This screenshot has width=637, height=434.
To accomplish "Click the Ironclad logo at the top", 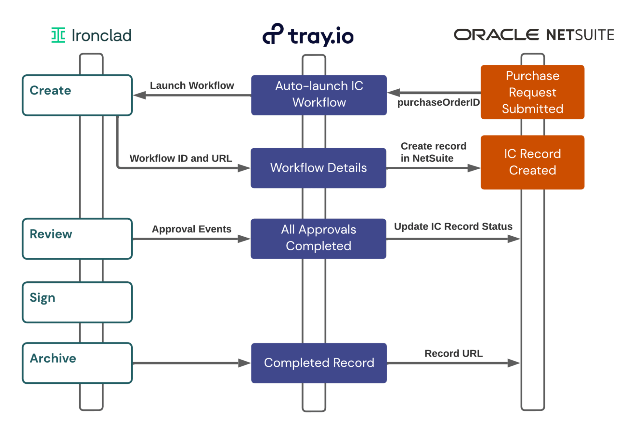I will click(x=91, y=35).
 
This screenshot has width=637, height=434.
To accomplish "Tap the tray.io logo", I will click(x=308, y=35).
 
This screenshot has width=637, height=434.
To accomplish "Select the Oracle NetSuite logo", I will click(x=534, y=35).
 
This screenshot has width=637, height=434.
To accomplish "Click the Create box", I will click(x=77, y=95).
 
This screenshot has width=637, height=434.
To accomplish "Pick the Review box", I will click(x=77, y=239).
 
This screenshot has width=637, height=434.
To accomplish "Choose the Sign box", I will click(x=77, y=302).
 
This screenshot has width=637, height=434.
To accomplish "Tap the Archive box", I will click(x=77, y=363).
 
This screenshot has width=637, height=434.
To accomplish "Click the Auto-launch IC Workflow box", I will click(x=319, y=95).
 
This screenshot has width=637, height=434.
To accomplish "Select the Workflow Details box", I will click(x=318, y=168).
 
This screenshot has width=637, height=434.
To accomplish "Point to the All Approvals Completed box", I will click(x=318, y=239).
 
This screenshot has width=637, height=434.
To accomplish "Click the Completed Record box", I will click(x=319, y=363).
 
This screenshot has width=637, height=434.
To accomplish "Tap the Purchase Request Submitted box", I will click(x=532, y=92).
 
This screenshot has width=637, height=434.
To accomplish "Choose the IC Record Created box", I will click(x=532, y=162).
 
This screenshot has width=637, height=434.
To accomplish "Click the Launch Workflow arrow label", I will click(x=192, y=85).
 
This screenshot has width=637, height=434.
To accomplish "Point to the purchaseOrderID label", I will click(x=438, y=102).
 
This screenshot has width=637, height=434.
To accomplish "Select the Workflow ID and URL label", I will click(x=181, y=158).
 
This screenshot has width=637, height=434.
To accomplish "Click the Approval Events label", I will click(x=192, y=229).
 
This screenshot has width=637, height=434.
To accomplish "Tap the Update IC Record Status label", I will click(x=453, y=226).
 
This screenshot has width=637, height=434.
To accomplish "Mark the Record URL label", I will click(x=453, y=353).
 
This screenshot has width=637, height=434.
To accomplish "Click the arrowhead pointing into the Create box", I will click(x=139, y=95).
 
